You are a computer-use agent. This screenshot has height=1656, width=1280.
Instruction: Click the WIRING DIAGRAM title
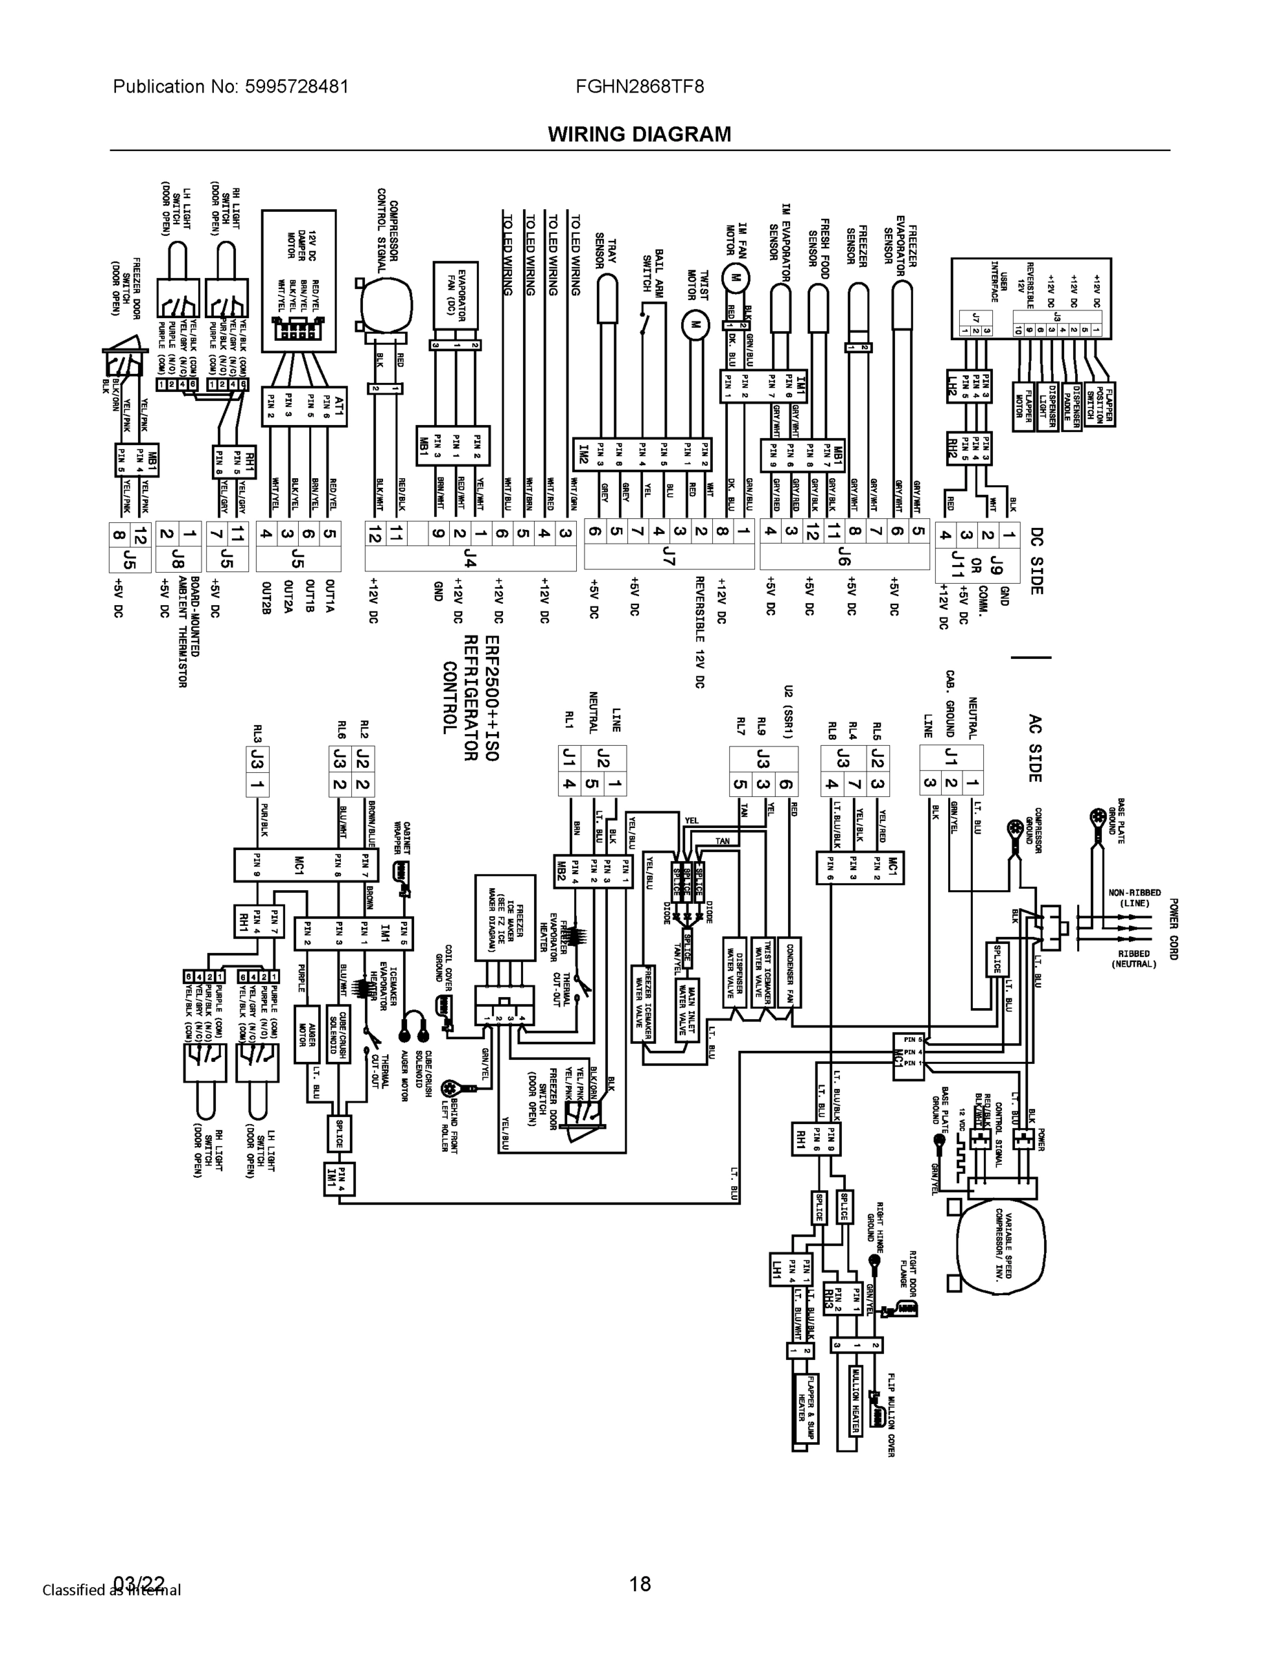[639, 135]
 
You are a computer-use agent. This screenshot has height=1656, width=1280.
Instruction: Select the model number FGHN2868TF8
[639, 86]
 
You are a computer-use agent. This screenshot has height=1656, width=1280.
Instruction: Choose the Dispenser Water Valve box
[733, 972]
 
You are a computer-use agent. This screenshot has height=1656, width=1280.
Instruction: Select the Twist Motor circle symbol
[691, 325]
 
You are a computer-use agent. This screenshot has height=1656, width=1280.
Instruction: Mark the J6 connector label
[844, 558]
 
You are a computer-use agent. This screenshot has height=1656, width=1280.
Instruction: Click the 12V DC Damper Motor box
[299, 282]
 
